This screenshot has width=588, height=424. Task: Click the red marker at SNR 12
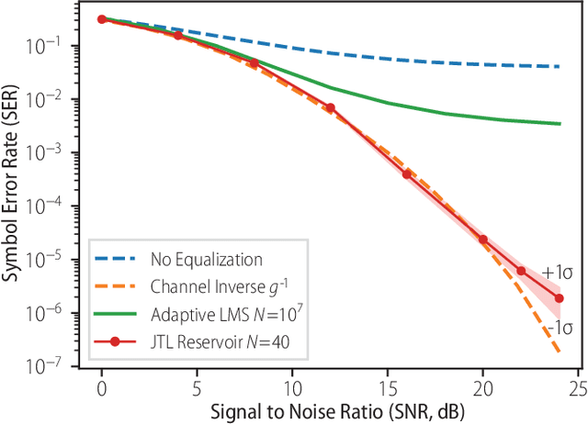330,107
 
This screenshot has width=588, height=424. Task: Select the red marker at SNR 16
406,173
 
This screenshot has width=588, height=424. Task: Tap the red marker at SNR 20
482,240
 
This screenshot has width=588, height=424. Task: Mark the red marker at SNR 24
559,298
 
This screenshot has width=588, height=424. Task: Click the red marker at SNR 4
177,35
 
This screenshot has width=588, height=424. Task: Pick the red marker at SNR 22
521,271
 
